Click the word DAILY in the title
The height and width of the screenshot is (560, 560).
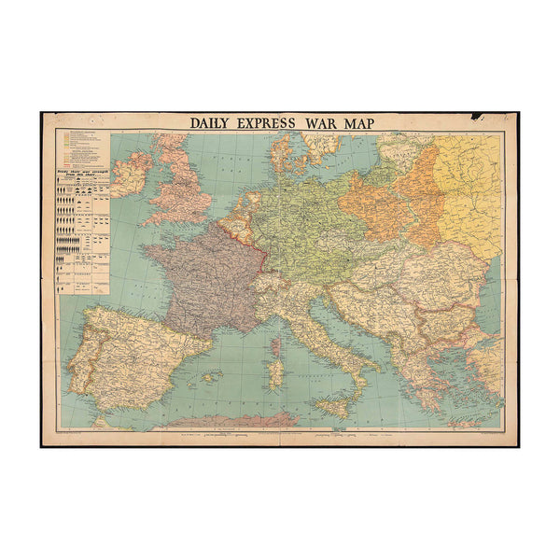[x=214, y=122]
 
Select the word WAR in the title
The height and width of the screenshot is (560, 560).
[x=331, y=122]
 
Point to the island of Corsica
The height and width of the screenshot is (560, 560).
[x=277, y=347]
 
